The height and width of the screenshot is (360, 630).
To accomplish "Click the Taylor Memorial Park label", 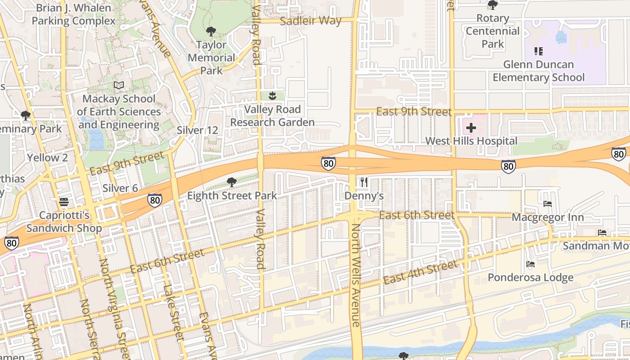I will tap(211, 58).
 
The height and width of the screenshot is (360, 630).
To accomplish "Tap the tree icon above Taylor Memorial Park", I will tap(211, 31).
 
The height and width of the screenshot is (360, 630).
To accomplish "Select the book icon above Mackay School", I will tap(119, 85).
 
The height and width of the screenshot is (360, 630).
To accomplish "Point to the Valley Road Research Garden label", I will tap(272, 116).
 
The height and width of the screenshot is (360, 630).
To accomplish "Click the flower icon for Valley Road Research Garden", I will tap(272, 95).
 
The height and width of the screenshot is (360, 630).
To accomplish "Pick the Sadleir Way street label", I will tap(310, 21).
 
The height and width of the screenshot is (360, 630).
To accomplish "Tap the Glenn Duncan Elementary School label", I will tap(539, 71).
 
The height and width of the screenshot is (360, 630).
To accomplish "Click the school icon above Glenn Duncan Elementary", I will tap(538, 51).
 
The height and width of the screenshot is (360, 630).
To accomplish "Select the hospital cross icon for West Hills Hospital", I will tap(471, 128).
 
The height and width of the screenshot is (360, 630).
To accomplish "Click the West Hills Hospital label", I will tap(471, 141).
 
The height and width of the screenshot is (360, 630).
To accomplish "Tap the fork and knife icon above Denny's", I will tap(364, 182).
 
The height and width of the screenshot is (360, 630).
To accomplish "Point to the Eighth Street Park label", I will tap(232, 196).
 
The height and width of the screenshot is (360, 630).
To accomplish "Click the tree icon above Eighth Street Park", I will tap(232, 182).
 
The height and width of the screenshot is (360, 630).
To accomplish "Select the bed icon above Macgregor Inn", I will tap(548, 204).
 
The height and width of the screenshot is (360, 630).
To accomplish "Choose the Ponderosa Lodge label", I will tap(531, 277).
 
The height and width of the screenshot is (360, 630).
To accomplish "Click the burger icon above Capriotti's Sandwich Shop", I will tap(64, 201).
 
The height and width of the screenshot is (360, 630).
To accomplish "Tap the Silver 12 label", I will tap(197, 130).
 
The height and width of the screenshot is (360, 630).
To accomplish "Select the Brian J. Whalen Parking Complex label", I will tap(73, 14).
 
